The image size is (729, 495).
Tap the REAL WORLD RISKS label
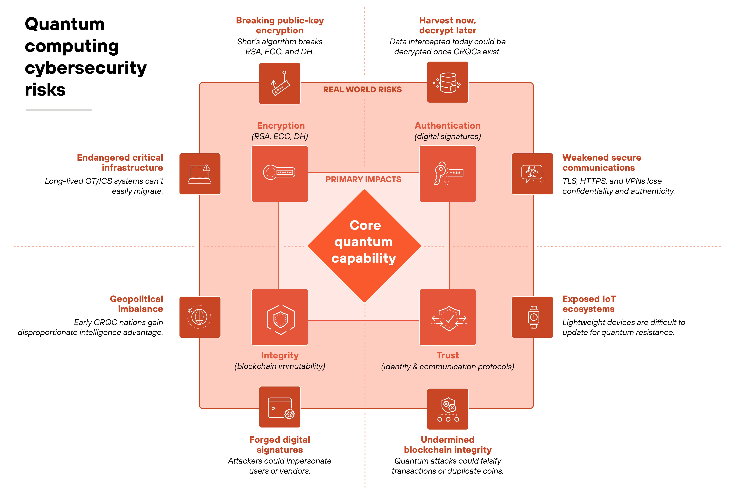click(362, 90)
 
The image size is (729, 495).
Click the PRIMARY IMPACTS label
click(363, 179)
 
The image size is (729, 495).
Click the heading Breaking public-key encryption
click(279, 25)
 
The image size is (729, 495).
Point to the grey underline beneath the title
click(59, 110)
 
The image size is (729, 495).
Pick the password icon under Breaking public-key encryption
click(279, 83)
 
